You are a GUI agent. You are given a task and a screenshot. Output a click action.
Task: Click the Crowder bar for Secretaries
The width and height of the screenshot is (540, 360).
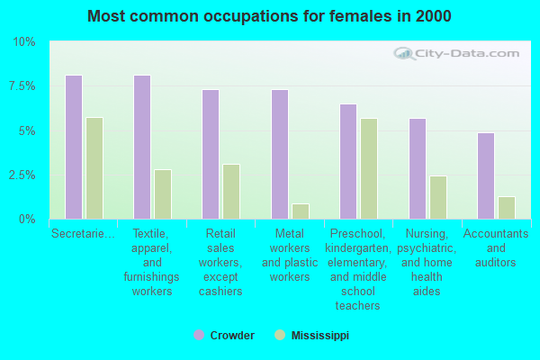74,147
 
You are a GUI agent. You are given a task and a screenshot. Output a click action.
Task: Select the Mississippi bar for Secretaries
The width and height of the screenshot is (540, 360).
94,168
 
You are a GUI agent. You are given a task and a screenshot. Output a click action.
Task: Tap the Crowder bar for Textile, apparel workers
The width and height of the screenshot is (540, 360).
142,147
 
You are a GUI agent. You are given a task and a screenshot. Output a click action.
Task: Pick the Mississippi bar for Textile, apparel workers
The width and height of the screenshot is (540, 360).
163,194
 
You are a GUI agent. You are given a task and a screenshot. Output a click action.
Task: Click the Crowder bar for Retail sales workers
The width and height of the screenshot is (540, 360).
211,154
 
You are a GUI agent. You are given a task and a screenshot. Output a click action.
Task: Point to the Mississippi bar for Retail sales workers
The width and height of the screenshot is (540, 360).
231,192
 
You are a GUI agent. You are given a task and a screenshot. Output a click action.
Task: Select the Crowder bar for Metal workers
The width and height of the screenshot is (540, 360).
280,154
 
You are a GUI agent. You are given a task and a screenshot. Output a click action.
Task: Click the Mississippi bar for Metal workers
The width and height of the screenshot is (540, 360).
301,211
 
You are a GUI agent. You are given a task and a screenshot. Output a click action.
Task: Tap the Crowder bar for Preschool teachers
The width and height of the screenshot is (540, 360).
348,161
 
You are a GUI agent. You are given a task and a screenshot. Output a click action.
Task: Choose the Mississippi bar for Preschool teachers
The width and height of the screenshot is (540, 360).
369,168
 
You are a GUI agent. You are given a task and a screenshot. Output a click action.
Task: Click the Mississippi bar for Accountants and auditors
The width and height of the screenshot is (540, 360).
507,208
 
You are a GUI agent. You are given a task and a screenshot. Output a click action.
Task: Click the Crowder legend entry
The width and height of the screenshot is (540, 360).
224,335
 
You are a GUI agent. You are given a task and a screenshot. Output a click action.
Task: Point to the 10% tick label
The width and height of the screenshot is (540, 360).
24,42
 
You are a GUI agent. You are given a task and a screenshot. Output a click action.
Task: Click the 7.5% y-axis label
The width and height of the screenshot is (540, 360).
22,86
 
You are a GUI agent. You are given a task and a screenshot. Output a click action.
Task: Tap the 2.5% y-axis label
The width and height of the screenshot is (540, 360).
22,175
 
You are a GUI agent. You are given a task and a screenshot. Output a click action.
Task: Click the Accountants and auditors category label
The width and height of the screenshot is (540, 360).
496,248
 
